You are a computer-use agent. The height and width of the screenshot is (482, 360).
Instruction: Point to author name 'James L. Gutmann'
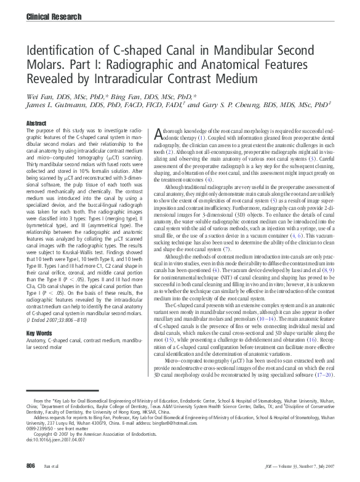[x=59, y=105]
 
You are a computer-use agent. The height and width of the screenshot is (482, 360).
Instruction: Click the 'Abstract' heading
[x=36, y=124]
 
